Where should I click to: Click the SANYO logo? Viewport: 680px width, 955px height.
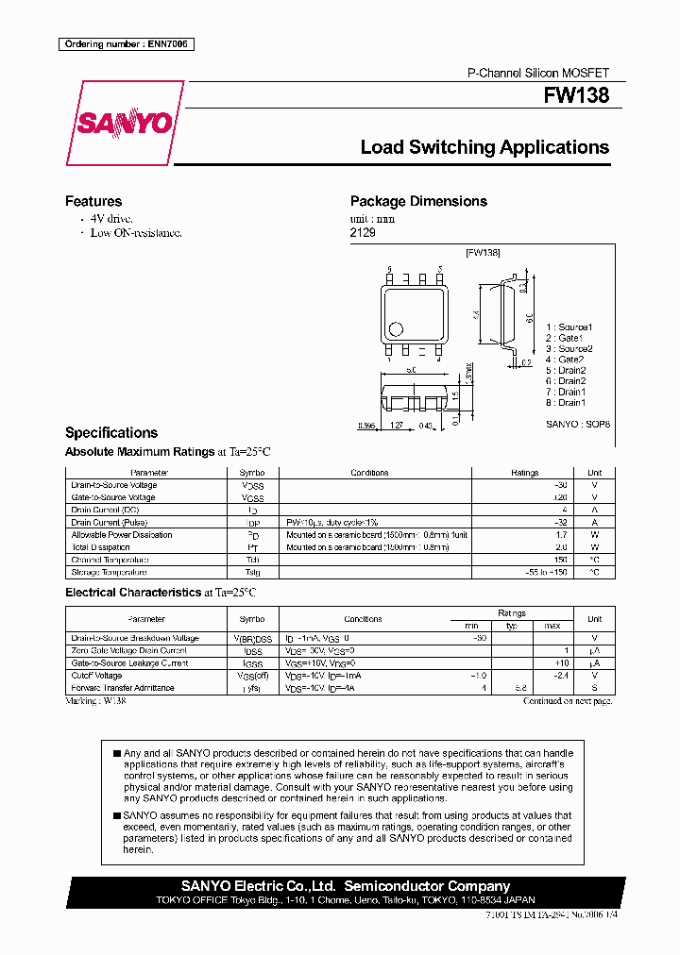pyautogui.click(x=125, y=124)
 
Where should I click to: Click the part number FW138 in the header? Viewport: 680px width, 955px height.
pyautogui.click(x=576, y=96)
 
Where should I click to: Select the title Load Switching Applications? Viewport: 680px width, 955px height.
pyautogui.click(x=484, y=147)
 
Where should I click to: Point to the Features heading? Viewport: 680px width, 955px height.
pyautogui.click(x=93, y=201)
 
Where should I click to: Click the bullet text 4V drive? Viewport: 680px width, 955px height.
pyautogui.click(x=111, y=218)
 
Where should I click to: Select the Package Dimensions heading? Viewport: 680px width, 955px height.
pyautogui.click(x=418, y=201)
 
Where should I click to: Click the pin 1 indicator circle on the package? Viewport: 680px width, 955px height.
pyautogui.click(x=396, y=329)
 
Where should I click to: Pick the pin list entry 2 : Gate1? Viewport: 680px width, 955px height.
pyautogui.click(x=565, y=338)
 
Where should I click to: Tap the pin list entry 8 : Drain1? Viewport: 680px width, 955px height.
pyautogui.click(x=566, y=403)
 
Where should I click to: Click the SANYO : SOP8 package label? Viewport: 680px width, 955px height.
pyautogui.click(x=578, y=425)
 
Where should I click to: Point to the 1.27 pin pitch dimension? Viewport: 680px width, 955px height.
pyautogui.click(x=398, y=426)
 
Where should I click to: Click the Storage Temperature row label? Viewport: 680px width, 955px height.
pyautogui.click(x=109, y=572)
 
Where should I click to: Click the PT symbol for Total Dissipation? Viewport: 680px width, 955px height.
pyautogui.click(x=252, y=547)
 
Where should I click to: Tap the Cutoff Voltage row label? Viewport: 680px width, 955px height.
pyautogui.click(x=97, y=676)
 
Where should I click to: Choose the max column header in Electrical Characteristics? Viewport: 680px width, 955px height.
pyautogui.click(x=552, y=627)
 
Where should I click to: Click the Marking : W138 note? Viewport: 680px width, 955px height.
pyautogui.click(x=95, y=701)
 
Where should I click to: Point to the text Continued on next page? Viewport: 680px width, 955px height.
pyautogui.click(x=569, y=701)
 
